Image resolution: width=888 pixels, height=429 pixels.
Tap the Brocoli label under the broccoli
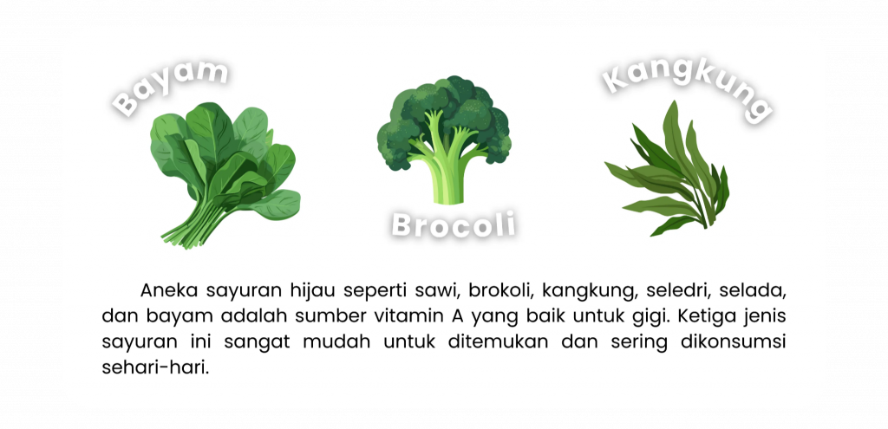pyautogui.click(x=454, y=224)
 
